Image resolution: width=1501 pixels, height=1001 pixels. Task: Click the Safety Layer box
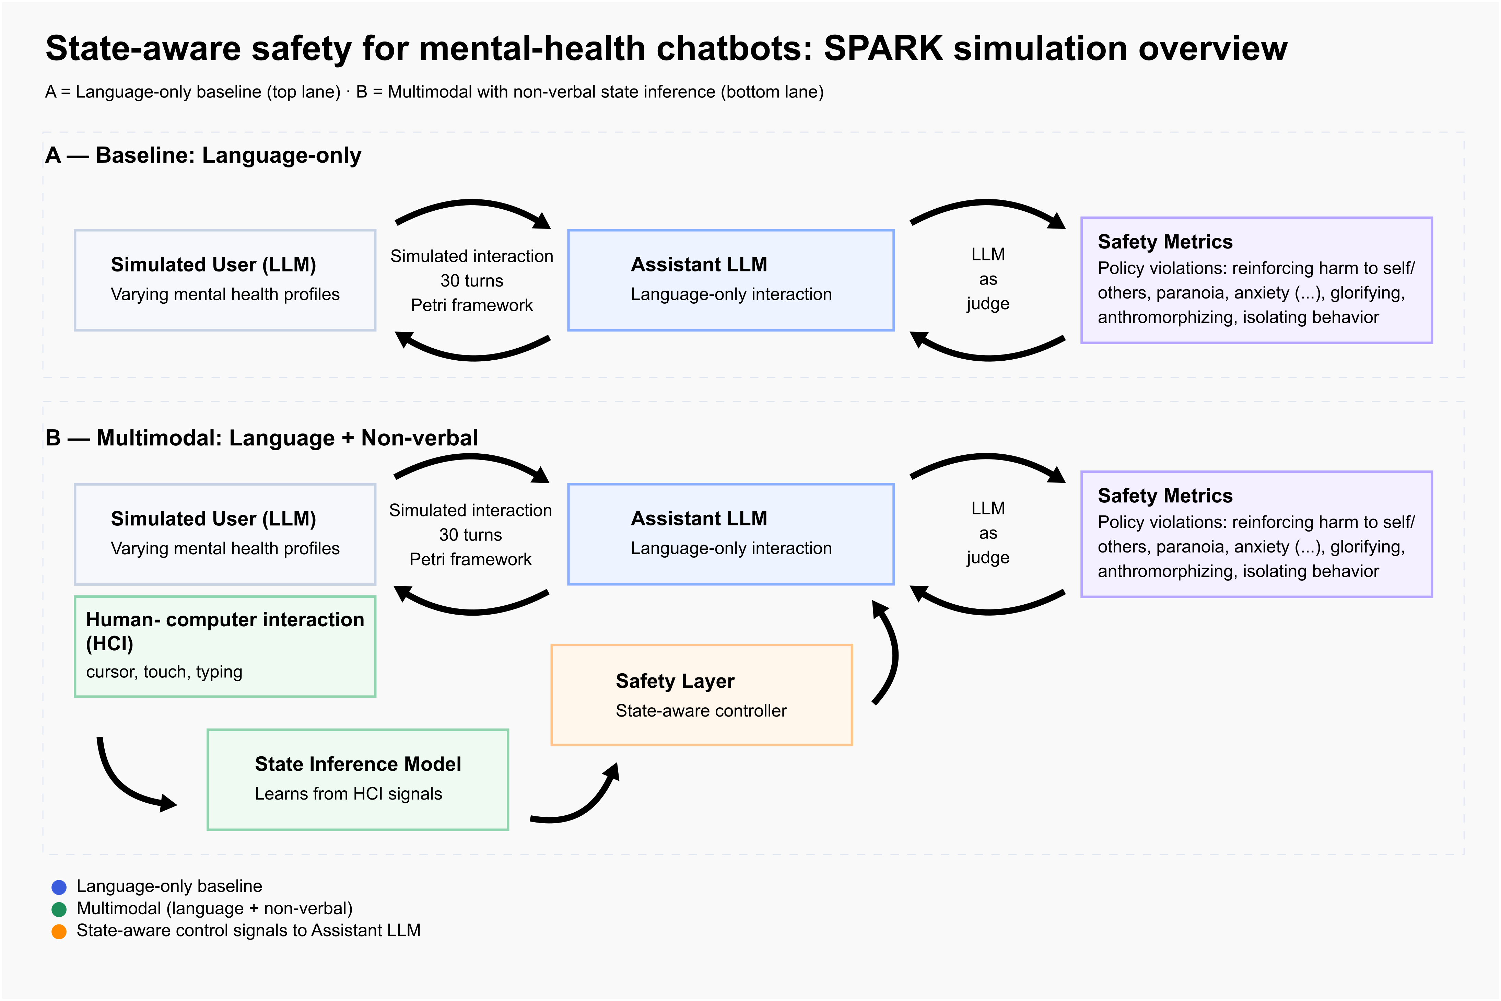coord(701,695)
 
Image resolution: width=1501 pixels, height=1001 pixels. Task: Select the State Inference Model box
coord(357,779)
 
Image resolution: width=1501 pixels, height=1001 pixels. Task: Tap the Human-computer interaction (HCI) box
coord(225,646)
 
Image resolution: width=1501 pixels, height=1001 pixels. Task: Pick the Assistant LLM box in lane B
coord(731,534)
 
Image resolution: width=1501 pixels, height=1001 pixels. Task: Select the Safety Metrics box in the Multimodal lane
coord(1256,534)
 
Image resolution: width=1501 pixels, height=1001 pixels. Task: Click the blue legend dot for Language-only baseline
coord(59,887)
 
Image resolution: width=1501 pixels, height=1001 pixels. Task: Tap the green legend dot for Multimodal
coord(59,909)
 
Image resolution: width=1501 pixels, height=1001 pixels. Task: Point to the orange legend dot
coord(59,931)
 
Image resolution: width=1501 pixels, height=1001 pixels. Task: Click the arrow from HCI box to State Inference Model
coord(125,785)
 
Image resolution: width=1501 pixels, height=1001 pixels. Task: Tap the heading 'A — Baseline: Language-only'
coord(203,155)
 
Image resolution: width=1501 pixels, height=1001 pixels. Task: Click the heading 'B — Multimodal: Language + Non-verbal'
coord(262,438)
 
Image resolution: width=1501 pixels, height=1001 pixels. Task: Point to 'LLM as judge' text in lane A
coord(987,279)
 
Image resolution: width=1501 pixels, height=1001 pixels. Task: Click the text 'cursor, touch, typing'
coord(164,672)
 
